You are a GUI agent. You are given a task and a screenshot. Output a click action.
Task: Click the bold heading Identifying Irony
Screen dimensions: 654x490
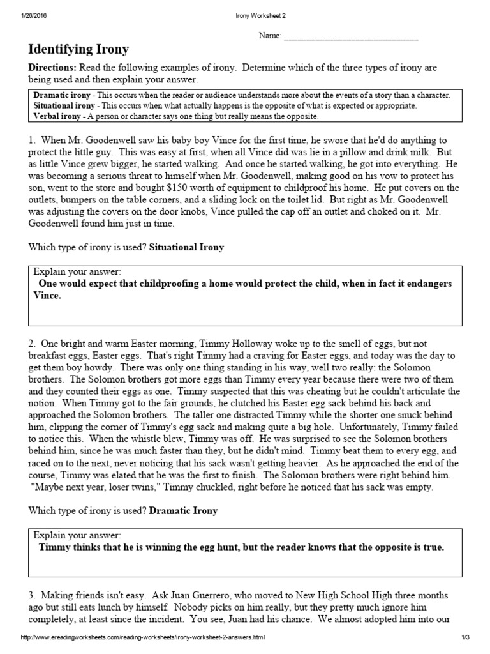(x=78, y=49)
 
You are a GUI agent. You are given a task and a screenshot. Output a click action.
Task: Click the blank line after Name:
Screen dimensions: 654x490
(x=350, y=36)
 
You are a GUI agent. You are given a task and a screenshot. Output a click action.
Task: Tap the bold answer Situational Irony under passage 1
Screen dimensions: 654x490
(x=186, y=247)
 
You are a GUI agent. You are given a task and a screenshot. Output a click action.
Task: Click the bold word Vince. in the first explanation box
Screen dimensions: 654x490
(x=47, y=296)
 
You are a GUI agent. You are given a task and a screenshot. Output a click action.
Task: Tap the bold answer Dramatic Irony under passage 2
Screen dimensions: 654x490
(x=183, y=511)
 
